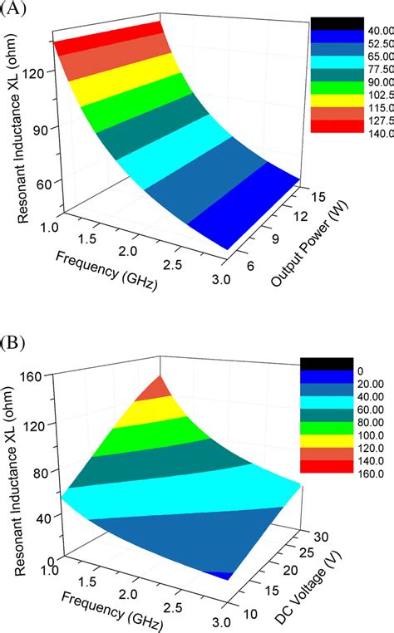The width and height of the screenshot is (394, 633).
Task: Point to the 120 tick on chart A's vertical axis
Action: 36,72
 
